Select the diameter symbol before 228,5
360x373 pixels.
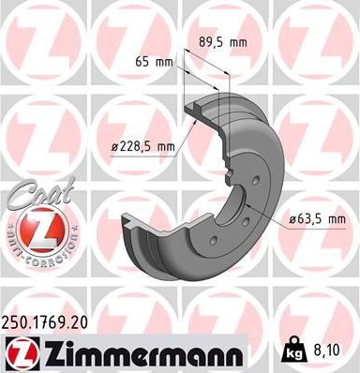point(113,145)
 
